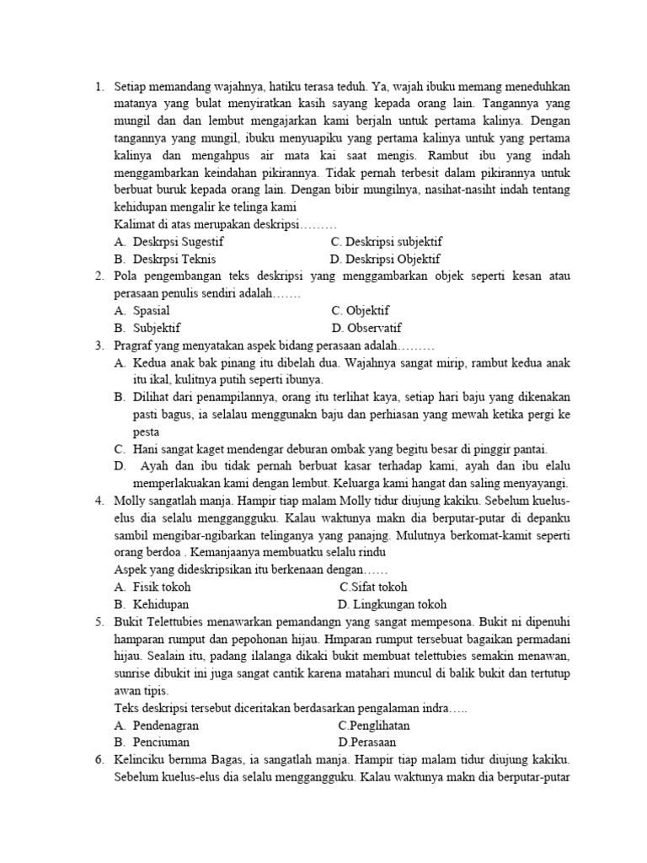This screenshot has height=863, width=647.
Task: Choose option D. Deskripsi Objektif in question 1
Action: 385,259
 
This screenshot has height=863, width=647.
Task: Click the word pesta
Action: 146,431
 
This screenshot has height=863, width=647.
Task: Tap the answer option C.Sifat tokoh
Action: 374,587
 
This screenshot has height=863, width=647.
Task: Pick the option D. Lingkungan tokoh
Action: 392,604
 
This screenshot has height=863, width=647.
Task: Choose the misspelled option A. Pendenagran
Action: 157,725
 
